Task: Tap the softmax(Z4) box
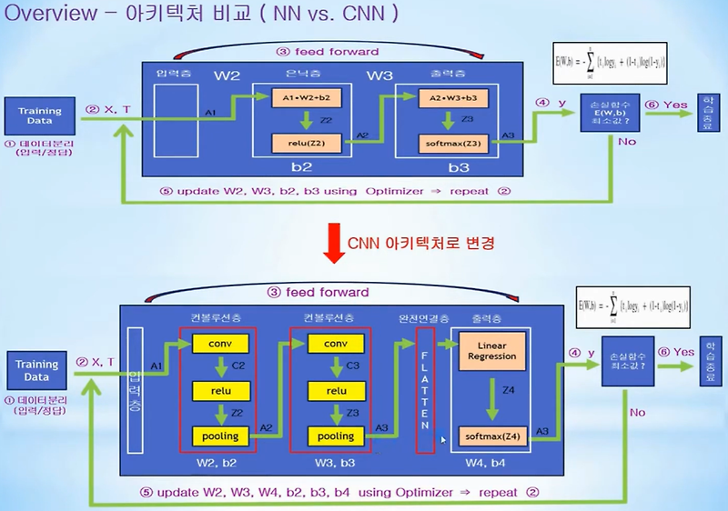[x=490, y=436]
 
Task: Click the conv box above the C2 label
[x=219, y=345]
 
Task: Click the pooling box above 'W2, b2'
[x=219, y=436]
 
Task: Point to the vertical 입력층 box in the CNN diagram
[x=138, y=388]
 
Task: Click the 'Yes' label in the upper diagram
[x=676, y=105]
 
